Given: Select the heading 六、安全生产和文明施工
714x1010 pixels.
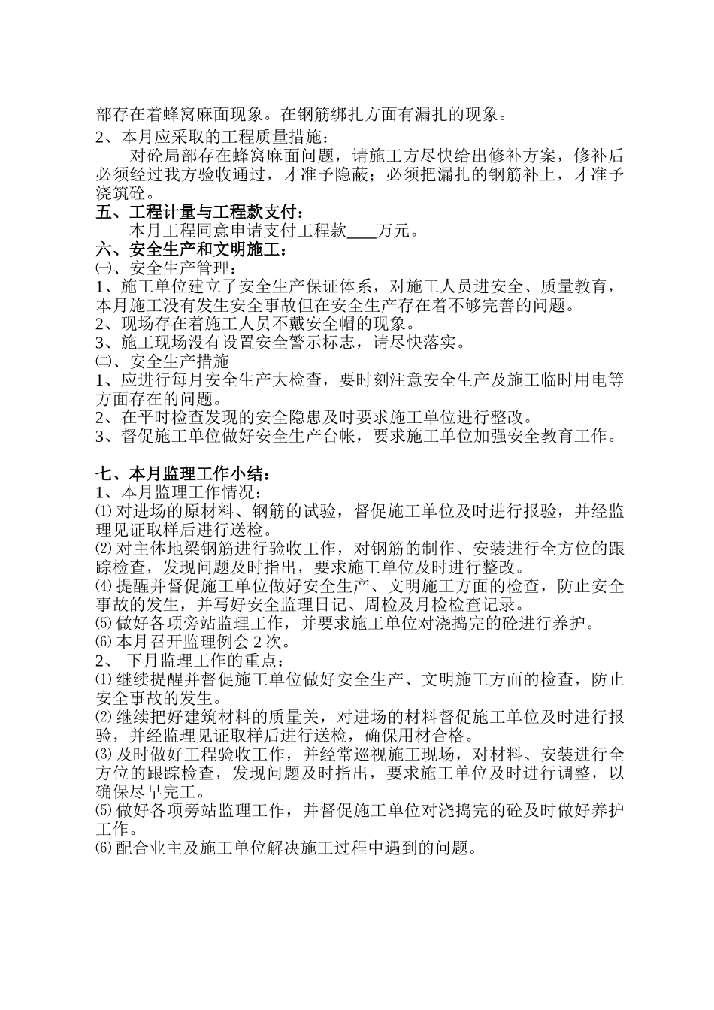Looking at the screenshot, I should (x=192, y=249).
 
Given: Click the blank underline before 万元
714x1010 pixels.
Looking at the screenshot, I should (x=362, y=231).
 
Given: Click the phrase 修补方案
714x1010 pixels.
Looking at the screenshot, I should (x=525, y=156).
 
